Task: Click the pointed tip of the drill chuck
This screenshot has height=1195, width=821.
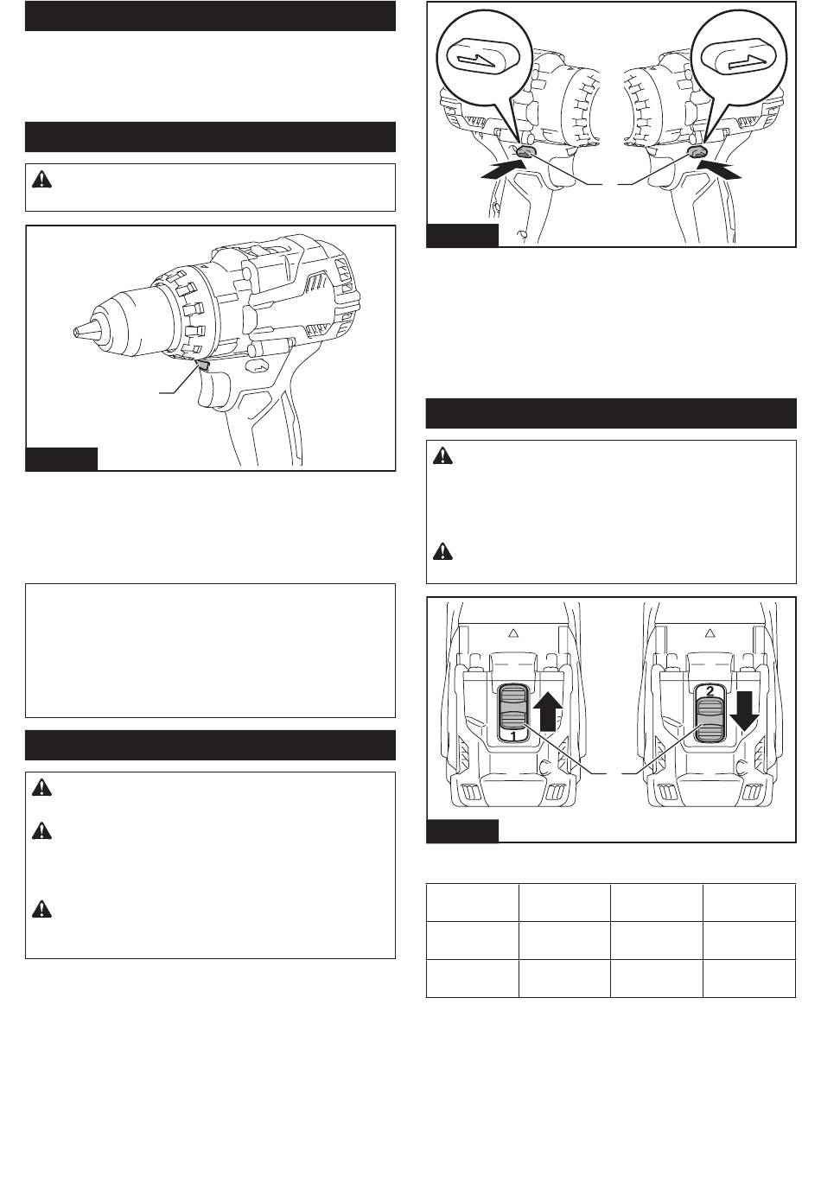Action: tap(74, 331)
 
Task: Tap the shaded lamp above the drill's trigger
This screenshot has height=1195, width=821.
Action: tap(203, 365)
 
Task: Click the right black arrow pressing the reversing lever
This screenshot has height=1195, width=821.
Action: tap(718, 171)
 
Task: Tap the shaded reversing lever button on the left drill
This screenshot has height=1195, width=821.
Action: tap(525, 153)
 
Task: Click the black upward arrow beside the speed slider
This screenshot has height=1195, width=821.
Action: tap(548, 711)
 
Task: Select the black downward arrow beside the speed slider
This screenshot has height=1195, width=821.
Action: tap(744, 711)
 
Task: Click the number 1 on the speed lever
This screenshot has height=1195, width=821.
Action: tap(513, 736)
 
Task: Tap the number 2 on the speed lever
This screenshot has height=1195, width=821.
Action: tap(710, 691)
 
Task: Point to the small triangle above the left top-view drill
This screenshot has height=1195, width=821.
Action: tap(513, 632)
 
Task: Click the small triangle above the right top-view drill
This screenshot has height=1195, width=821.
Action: tap(710, 632)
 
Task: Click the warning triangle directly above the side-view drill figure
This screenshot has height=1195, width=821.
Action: tap(41, 180)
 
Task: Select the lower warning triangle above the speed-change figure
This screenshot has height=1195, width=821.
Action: tap(442, 551)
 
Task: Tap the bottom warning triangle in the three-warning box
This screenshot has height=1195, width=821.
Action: tap(41, 909)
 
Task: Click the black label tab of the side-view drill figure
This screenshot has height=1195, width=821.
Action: tap(62, 460)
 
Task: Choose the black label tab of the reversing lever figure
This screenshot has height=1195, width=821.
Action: tap(462, 235)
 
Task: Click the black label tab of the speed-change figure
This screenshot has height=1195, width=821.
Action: tap(462, 830)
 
